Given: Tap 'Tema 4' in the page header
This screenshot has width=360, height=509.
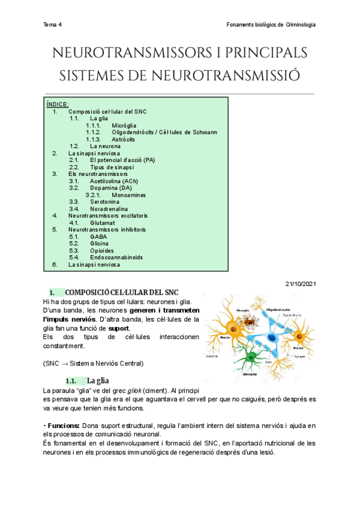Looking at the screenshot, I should click(x=53, y=25).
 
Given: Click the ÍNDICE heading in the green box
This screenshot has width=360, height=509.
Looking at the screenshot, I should click(x=58, y=104).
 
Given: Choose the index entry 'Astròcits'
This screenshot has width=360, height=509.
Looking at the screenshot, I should click(x=123, y=139).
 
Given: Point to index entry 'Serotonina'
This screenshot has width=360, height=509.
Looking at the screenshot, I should click(x=106, y=202).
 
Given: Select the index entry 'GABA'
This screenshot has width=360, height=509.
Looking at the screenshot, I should click(x=98, y=236).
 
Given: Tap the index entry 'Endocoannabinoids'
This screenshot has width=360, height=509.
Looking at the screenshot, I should click(x=116, y=258).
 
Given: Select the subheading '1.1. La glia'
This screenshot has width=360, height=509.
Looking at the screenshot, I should click(x=97, y=381).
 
